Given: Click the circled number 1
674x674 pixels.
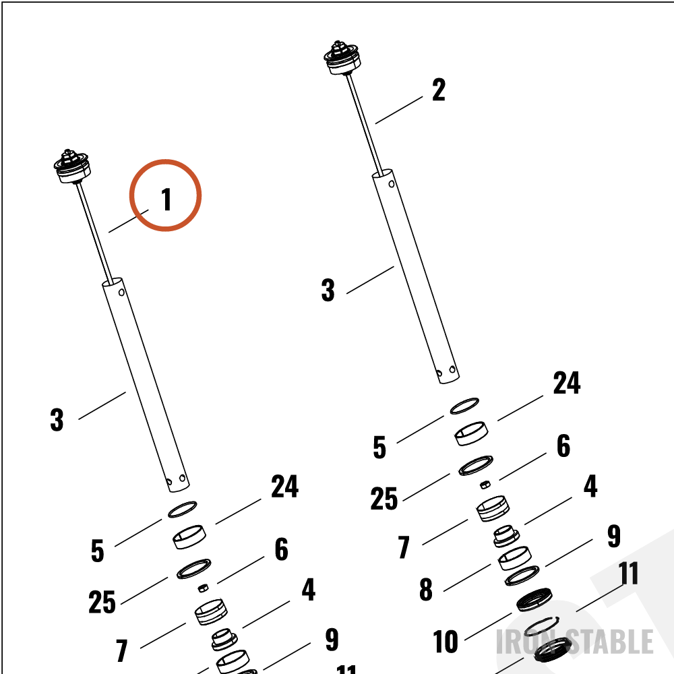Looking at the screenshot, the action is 166,199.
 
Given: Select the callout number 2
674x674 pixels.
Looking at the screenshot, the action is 439,90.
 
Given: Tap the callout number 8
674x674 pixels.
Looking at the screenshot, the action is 425,590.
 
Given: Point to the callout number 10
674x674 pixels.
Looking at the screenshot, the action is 446,642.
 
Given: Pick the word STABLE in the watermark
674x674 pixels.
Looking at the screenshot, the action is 611,642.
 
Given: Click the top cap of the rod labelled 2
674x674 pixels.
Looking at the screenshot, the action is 341,58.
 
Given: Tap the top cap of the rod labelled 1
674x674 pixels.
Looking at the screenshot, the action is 71,166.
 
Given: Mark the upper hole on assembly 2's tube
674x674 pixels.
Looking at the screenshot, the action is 391,184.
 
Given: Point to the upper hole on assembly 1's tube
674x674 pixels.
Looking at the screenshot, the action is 121,293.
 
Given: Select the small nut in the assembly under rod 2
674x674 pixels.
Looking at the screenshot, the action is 485,485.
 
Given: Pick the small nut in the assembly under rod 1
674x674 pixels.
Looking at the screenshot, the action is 204,588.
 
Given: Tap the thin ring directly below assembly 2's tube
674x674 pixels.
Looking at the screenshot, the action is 464,406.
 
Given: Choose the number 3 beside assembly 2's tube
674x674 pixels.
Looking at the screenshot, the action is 328,290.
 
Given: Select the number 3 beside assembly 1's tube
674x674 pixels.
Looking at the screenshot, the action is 57,419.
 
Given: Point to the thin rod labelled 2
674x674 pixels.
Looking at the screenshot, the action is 365,125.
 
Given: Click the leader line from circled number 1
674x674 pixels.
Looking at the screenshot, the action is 129,221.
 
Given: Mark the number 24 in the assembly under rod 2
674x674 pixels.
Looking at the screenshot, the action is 567,383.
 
